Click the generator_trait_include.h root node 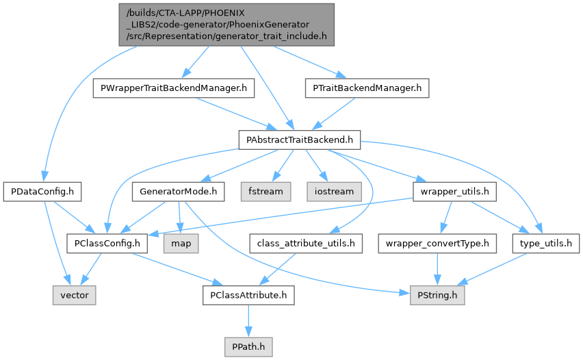226,25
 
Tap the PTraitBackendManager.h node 366,88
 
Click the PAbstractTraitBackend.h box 299,140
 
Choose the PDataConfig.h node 42,191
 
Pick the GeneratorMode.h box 178,191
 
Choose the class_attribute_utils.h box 306,242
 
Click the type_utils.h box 546,242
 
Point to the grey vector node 74,295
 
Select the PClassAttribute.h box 248,295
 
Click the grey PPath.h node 248,346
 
